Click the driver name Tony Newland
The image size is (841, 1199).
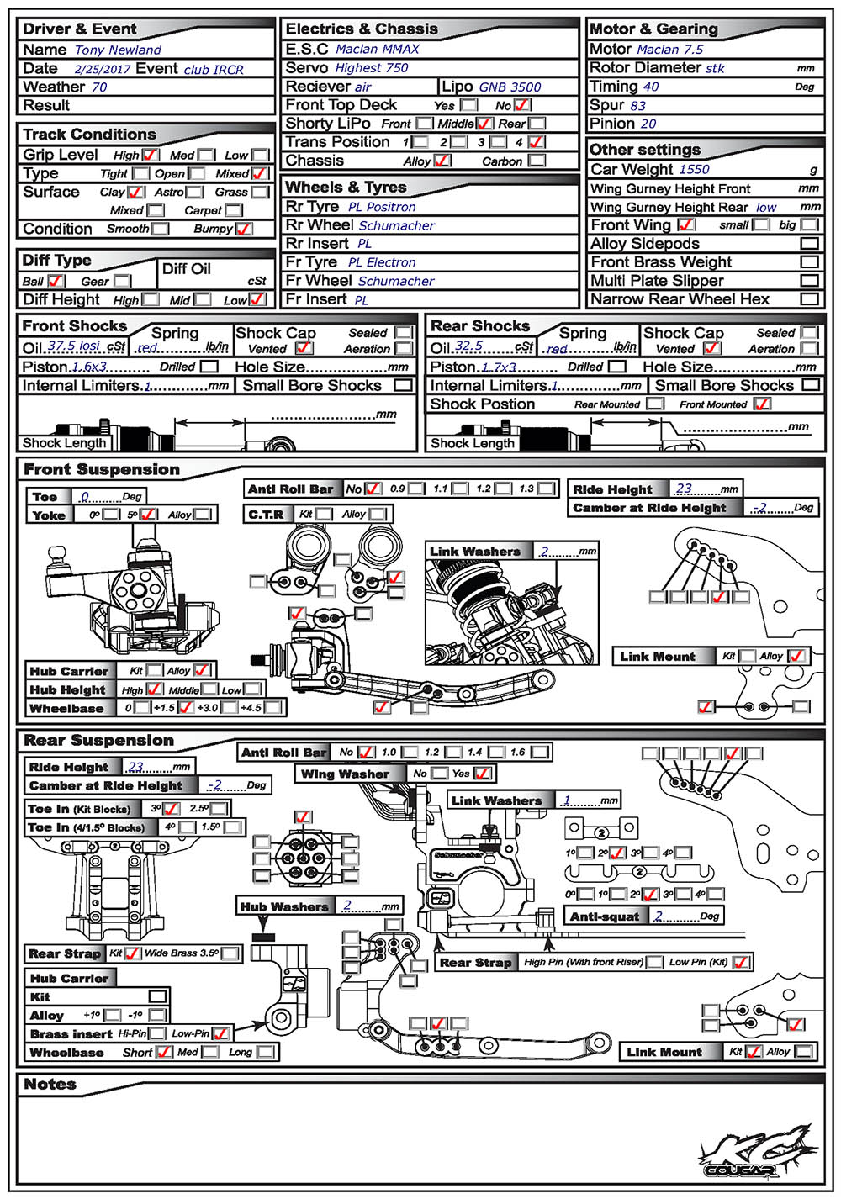118,50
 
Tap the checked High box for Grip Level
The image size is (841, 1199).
150,156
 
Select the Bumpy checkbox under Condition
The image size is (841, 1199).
244,229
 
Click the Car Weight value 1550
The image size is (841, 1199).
694,169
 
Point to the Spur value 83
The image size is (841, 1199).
637,105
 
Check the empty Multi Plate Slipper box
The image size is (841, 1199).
809,281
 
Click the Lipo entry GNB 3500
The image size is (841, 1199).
510,87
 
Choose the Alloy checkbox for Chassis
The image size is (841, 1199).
442,161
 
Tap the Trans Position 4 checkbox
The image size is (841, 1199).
537,142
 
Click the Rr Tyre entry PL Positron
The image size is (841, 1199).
382,207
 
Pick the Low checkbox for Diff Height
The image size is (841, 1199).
257,299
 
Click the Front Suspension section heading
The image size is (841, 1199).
101,469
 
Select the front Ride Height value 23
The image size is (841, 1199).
685,489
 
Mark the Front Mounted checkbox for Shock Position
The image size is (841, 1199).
762,404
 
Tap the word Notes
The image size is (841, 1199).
50,1085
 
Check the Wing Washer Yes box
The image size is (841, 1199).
482,774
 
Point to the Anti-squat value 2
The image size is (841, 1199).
659,916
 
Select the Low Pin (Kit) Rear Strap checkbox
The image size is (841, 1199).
740,962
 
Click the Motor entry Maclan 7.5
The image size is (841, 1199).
669,50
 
